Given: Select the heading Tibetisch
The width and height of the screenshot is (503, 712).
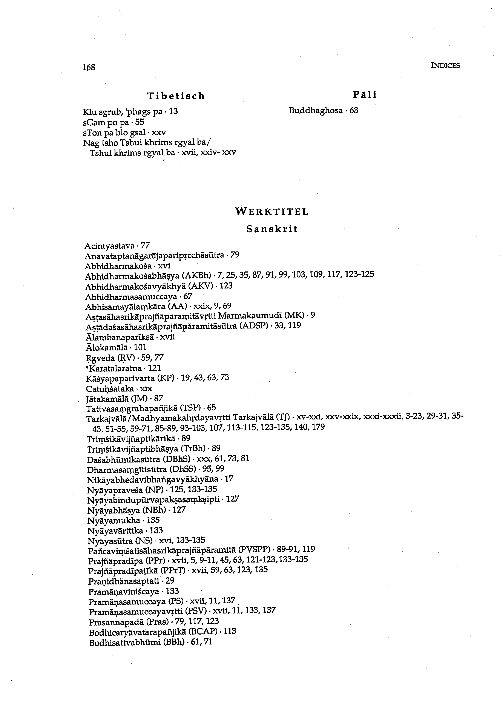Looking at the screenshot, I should [x=176, y=96].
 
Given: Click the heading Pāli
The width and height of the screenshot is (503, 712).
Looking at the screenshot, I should [x=365, y=95].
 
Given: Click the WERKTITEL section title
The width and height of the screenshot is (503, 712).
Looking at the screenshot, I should [x=272, y=212].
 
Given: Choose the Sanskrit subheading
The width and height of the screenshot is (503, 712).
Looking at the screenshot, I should [x=272, y=229].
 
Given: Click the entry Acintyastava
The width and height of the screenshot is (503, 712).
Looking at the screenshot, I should [x=109, y=246].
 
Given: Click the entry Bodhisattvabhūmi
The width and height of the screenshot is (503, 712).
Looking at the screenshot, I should [x=124, y=642].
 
